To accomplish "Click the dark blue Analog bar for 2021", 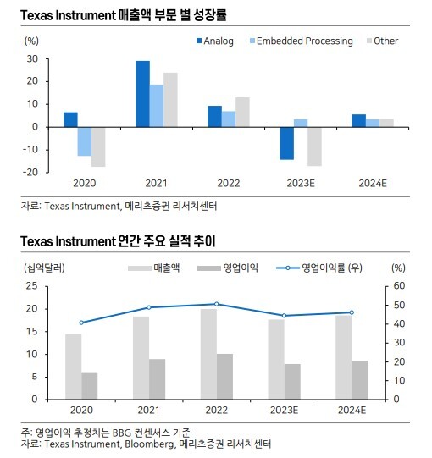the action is tap(142, 94).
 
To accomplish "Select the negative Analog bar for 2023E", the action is tap(287, 143).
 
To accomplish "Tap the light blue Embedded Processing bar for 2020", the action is tap(85, 141).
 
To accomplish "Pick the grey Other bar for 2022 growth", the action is tap(242, 112).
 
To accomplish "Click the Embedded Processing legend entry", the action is tap(302, 41).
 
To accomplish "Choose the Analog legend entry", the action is tap(215, 41).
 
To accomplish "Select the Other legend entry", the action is tap(382, 41).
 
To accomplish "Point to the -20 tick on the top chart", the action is tap(30, 172).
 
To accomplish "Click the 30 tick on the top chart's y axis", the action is tap(32, 59).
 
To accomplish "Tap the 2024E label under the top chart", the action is tap(373, 184).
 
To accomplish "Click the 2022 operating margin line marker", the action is tap(216, 304).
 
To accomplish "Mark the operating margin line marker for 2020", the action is tap(81, 323).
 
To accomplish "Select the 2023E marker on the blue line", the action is tap(284, 316).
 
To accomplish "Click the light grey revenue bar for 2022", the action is tap(208, 354).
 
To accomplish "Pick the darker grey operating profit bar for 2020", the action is tap(90, 386).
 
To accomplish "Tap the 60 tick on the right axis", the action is tap(399, 285).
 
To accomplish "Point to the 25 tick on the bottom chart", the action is tap(32, 285).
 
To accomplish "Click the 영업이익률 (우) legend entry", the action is tap(319, 268).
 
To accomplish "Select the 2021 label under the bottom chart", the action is tap(149, 410).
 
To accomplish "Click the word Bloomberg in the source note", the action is tap(150, 444).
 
